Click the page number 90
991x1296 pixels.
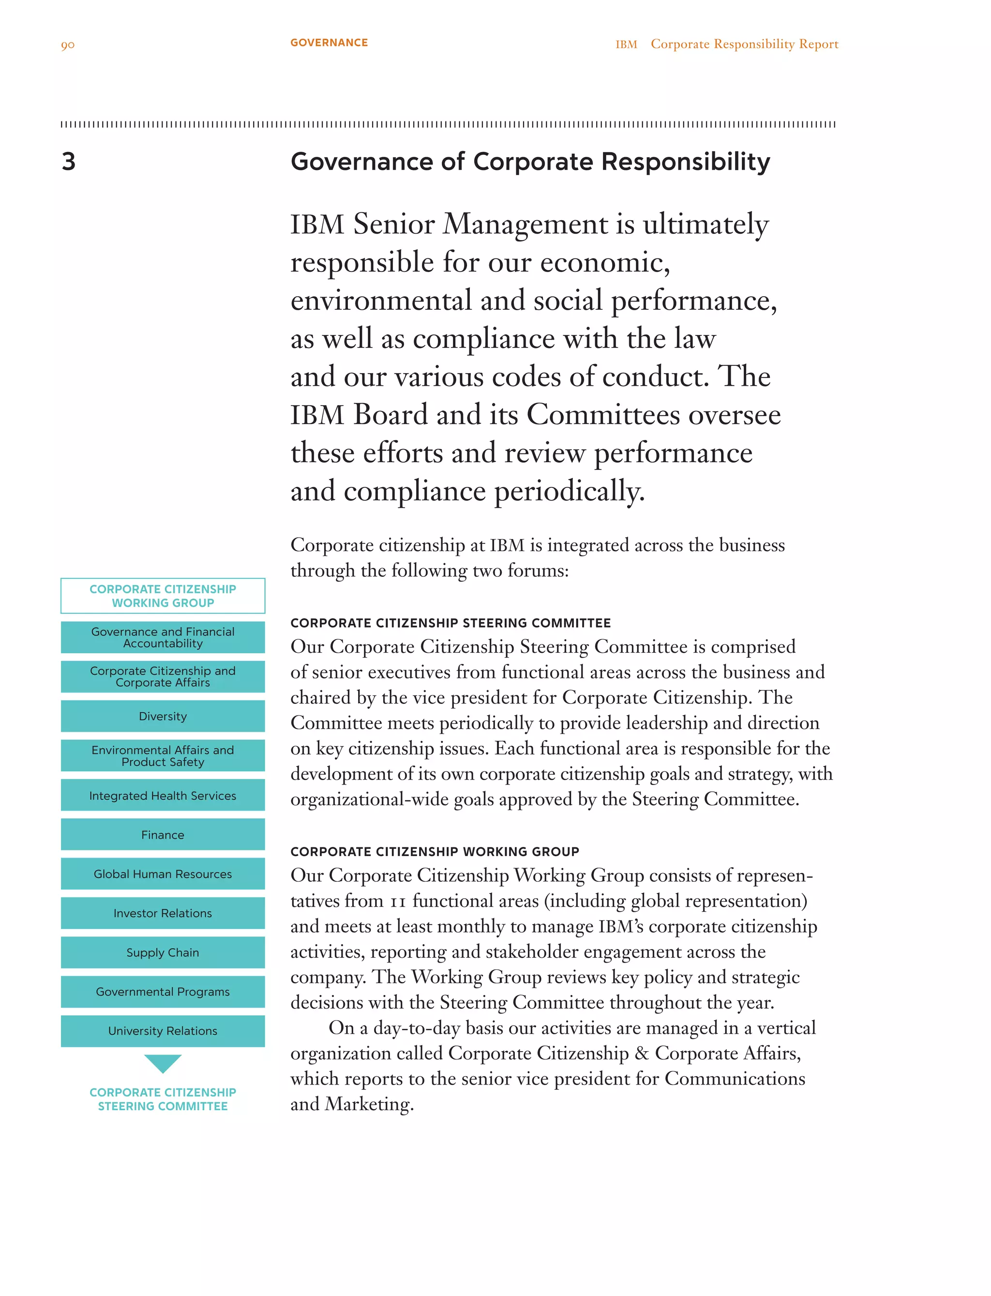click(68, 45)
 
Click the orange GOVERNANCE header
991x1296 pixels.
click(329, 43)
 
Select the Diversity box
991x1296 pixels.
click(163, 716)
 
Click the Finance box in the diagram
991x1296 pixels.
click(163, 835)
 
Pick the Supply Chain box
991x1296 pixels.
click(163, 953)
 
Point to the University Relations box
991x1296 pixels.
click(163, 1031)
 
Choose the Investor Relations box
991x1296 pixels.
click(163, 913)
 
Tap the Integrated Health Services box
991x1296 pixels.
click(163, 795)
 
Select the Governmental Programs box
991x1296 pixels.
click(163, 992)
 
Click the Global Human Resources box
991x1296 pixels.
click(163, 874)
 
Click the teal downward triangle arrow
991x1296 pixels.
click(163, 1062)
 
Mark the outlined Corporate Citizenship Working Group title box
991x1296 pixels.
click(163, 596)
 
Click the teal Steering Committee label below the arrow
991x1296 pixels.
click(163, 1099)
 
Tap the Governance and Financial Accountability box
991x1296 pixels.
click(163, 637)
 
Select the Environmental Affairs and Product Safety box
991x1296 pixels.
click(163, 755)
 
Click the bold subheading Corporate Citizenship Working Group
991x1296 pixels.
click(435, 851)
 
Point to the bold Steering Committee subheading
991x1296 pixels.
click(450, 623)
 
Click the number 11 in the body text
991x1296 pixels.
click(398, 902)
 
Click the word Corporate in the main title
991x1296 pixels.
click(533, 162)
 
